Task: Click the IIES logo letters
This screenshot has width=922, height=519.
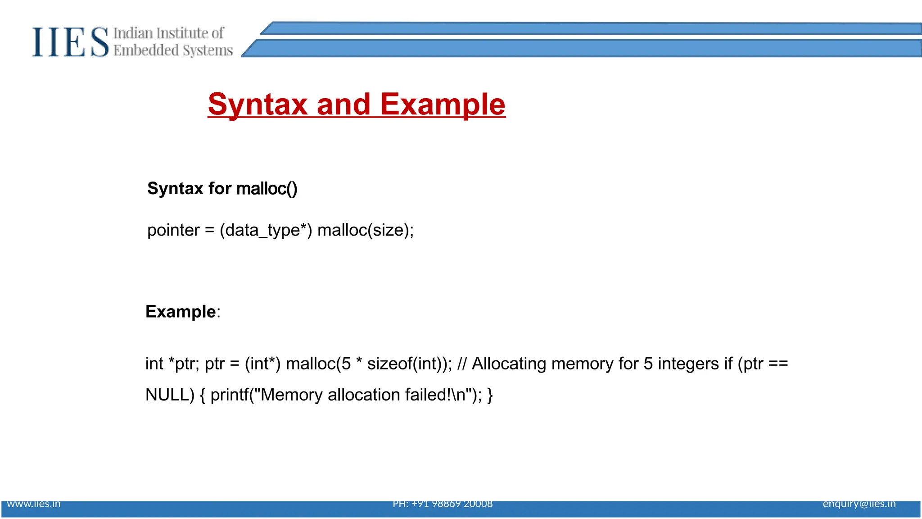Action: [x=70, y=42]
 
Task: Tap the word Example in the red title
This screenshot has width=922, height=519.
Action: [x=443, y=105]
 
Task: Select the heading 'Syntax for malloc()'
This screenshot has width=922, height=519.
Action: [x=222, y=188]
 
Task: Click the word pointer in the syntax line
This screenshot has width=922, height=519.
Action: [x=173, y=230]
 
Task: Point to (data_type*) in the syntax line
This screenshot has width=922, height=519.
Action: [x=266, y=230]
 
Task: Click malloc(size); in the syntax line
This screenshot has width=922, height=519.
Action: [x=365, y=230]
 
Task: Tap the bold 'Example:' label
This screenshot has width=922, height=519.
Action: [x=182, y=312]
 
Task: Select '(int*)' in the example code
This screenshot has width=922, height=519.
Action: [x=262, y=364]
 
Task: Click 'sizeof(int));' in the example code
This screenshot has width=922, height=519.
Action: [x=409, y=364]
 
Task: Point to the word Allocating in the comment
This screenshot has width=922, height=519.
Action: [x=509, y=364]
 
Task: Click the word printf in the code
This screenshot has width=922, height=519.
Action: [x=229, y=395]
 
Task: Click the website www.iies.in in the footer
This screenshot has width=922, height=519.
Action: [x=34, y=504]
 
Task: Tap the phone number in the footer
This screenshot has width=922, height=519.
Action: [x=443, y=504]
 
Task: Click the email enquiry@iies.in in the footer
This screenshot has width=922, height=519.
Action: [x=859, y=504]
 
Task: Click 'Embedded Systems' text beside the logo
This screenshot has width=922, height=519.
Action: [x=173, y=50]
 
